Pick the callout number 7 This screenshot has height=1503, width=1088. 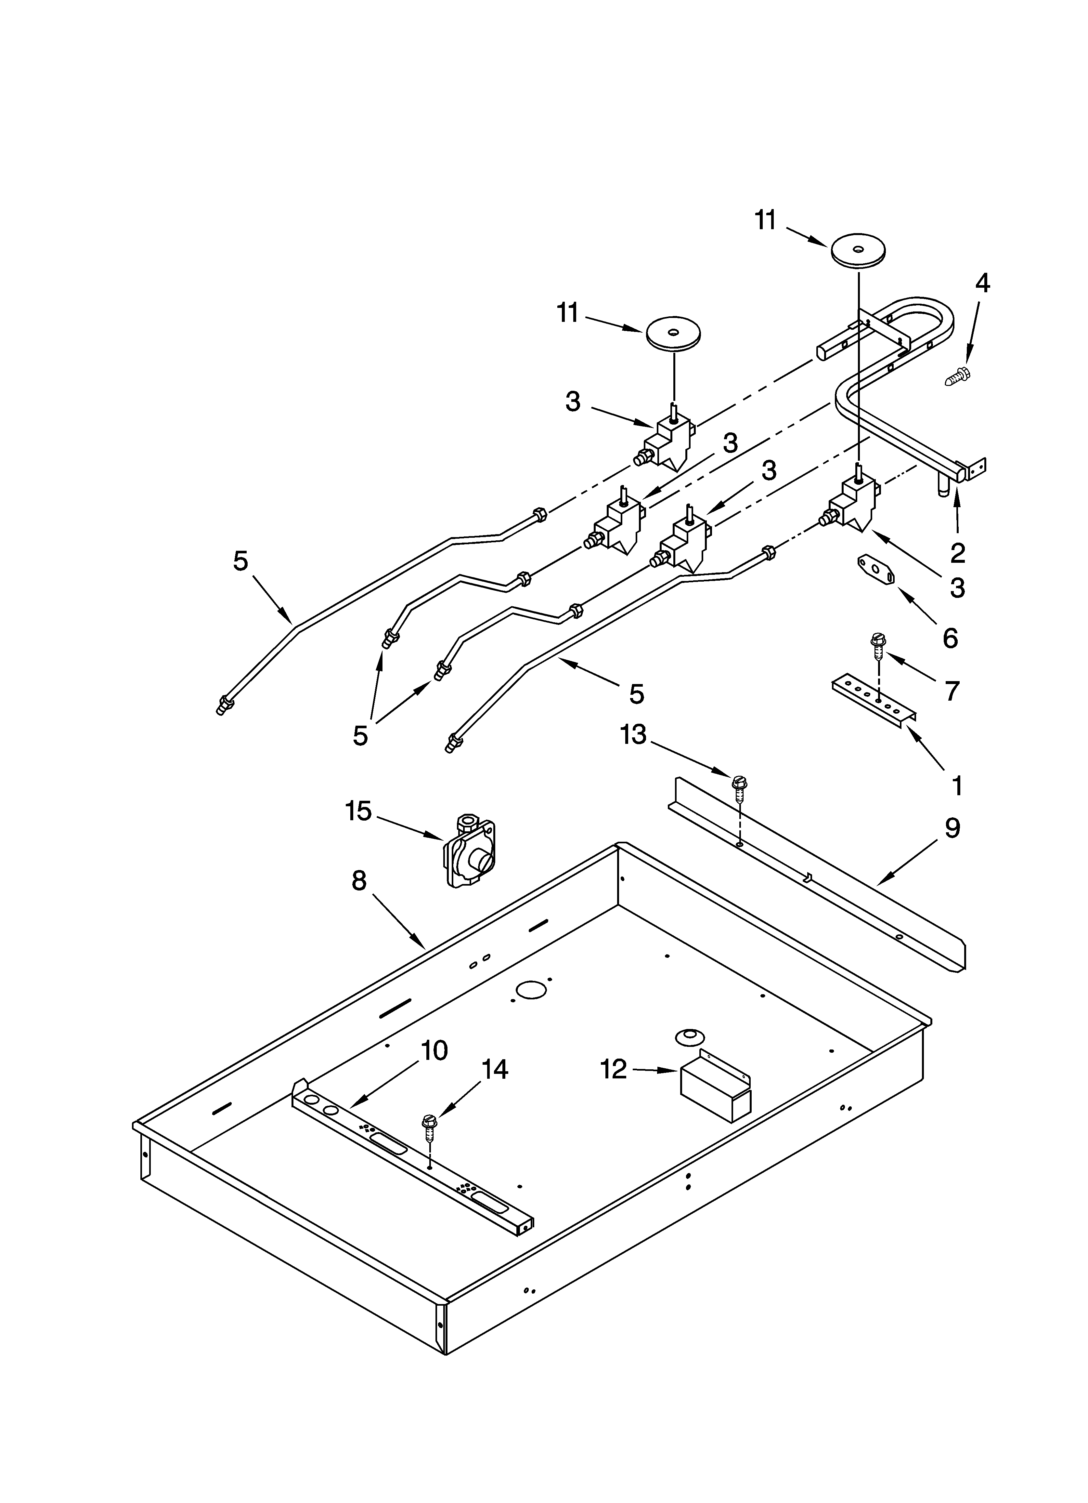[952, 691]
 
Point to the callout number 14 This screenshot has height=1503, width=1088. [494, 1069]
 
